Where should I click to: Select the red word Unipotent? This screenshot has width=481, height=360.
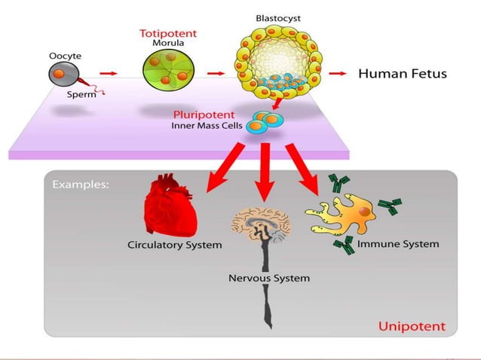[x=412, y=326]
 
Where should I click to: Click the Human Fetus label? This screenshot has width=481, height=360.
[x=402, y=74]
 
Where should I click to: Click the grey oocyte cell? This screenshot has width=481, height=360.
[x=62, y=74]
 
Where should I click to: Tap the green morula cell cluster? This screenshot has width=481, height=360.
[x=167, y=74]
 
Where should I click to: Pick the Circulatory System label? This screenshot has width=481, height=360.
[x=174, y=245]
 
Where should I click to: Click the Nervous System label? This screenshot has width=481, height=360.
[x=268, y=278]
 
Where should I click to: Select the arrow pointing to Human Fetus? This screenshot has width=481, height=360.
[x=337, y=74]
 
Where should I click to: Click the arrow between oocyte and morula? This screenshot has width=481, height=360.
[x=109, y=74]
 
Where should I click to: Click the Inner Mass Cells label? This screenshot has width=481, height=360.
[x=206, y=126]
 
